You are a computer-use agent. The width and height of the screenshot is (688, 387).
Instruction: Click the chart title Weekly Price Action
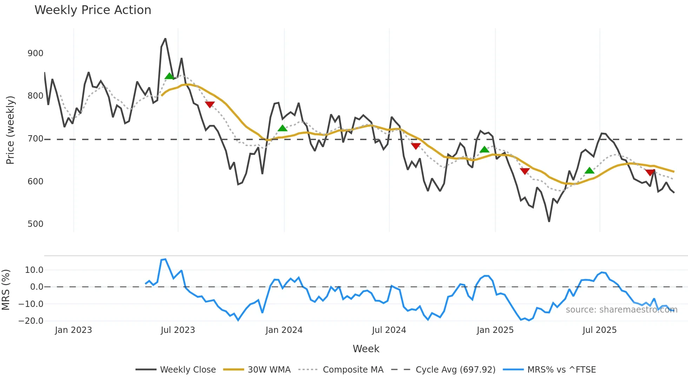point(93,10)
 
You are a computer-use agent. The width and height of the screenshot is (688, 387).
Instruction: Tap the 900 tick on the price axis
point(35,53)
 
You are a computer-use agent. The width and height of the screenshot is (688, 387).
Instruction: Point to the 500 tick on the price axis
point(35,224)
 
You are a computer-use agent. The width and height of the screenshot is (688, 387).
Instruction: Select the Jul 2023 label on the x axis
point(178,330)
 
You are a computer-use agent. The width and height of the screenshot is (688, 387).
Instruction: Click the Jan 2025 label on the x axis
point(495,330)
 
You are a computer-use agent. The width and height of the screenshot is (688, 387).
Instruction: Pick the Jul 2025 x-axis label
point(599,330)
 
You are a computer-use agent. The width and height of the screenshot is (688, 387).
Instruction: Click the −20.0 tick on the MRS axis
point(31,321)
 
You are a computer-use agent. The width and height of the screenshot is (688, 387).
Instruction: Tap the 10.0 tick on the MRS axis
point(34,270)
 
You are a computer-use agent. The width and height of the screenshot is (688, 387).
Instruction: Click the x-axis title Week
point(366,349)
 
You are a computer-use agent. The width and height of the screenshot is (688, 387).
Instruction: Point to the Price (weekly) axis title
point(10,130)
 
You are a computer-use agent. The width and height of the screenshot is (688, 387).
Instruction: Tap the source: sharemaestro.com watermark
point(621,310)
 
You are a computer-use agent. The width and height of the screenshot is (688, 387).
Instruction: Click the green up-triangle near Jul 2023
point(169,76)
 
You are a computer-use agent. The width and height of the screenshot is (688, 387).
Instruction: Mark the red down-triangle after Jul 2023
point(210,105)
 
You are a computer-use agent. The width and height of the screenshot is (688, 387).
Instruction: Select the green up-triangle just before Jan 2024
point(282,128)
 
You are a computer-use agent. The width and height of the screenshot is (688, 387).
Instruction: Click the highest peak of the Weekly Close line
point(165,39)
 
